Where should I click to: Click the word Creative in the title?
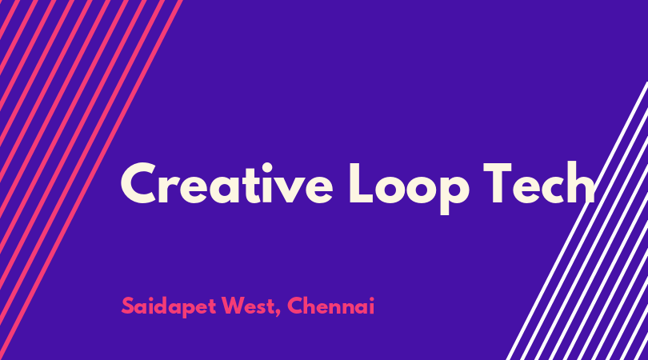tap(226, 183)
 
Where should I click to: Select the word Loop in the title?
tap(409, 189)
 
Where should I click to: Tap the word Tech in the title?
tap(539, 183)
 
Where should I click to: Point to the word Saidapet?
tap(169, 307)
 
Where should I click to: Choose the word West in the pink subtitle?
tap(247, 306)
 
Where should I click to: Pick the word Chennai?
tap(331, 306)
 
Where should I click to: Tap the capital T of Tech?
tap(498, 183)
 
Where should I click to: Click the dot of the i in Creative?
tap(267, 167)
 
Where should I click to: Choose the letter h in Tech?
tap(580, 183)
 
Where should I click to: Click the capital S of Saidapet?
tap(129, 306)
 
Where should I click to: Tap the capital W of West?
tap(233, 306)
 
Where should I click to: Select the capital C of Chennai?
tap(296, 306)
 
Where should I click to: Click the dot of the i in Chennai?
tap(371, 299)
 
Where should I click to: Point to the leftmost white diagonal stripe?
tap(578, 221)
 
